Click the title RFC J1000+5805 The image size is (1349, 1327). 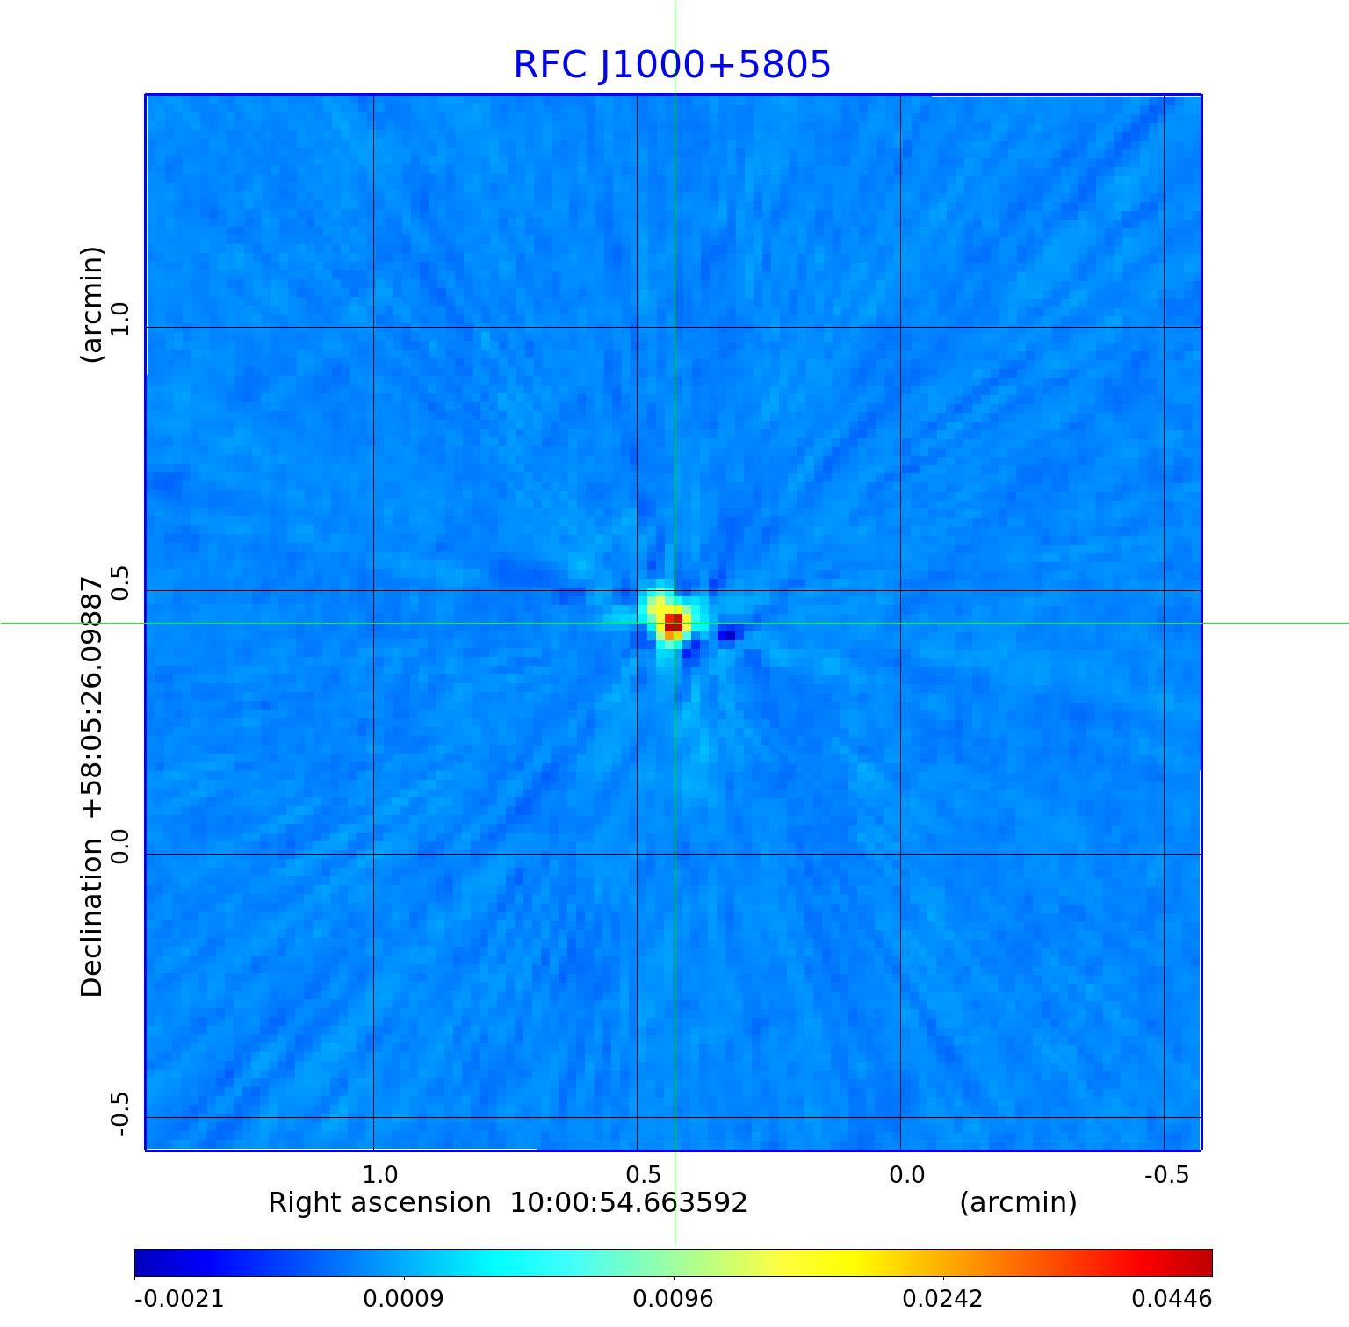[672, 65]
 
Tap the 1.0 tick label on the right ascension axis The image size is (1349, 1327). [380, 1174]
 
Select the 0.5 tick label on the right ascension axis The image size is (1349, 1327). [644, 1174]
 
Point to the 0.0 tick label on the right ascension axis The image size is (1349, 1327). [907, 1174]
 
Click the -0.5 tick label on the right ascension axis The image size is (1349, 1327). [1166, 1174]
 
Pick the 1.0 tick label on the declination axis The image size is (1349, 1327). [119, 318]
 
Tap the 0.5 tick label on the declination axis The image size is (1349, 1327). [119, 582]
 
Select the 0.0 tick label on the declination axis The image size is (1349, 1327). [119, 846]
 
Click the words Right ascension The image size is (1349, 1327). [379, 1203]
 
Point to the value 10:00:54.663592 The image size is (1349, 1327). [629, 1203]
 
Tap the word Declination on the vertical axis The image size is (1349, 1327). [91, 918]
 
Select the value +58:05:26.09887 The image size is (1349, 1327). [91, 697]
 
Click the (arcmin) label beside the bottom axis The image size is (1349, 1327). [1018, 1203]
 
